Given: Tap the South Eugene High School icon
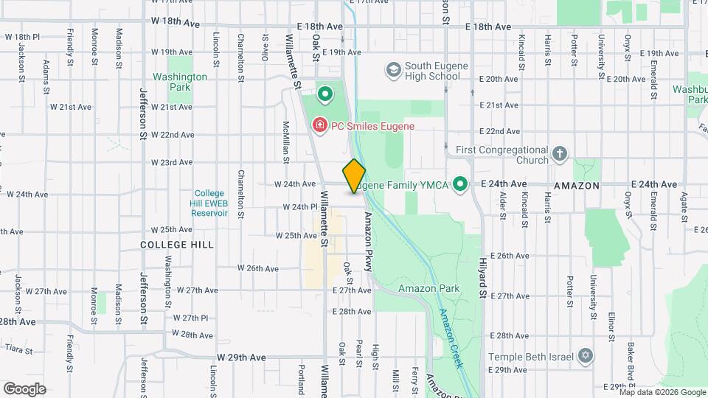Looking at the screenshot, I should click(393, 70).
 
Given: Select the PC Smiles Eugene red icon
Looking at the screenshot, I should click(319, 126).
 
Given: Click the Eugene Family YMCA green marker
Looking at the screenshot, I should click(461, 184).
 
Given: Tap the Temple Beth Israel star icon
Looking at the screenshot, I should click(586, 357).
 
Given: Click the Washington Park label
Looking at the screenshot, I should click(179, 82).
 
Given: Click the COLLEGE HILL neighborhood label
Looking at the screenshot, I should click(177, 244).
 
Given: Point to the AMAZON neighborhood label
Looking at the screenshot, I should click(577, 186).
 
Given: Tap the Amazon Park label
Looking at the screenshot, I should click(429, 288).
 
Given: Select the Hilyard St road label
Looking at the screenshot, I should click(483, 273).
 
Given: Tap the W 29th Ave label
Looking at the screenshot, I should click(240, 357).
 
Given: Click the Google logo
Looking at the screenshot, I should click(24, 388).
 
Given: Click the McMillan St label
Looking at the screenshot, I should click(285, 142).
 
